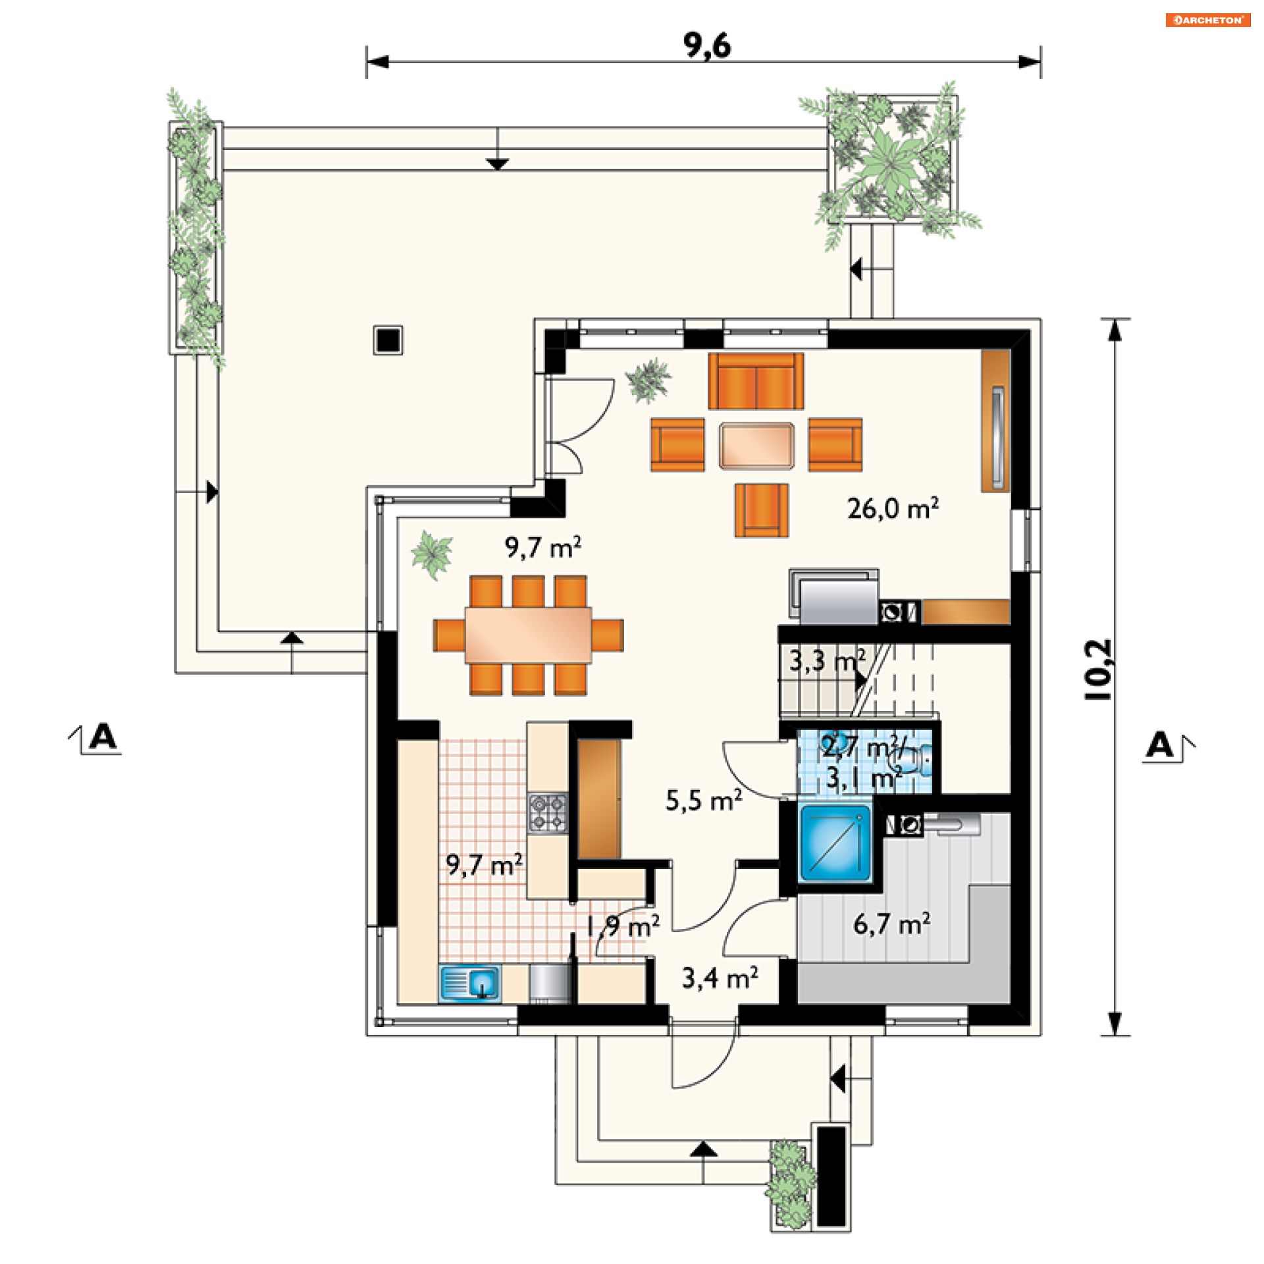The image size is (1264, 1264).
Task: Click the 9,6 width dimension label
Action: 707,45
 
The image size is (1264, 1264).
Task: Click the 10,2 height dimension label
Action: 1097,670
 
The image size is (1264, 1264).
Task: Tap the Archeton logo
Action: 1207,20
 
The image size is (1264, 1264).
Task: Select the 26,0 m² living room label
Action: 893,508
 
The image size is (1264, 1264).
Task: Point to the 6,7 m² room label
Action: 892,924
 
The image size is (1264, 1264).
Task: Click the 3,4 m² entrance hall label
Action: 720,978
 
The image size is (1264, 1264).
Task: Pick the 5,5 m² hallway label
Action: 704,801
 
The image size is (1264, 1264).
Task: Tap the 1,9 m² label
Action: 623,927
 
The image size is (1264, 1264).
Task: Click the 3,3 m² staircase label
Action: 828,661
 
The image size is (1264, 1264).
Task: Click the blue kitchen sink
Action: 469,984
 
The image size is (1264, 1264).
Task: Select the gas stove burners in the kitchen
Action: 548,812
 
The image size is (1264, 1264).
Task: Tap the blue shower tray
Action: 835,844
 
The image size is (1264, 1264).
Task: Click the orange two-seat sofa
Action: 756,381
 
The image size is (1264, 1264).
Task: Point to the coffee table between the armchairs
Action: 756,446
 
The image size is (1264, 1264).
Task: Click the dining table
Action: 528,635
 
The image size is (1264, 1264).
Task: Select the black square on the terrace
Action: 388,340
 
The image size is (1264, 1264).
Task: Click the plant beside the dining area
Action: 432,554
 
